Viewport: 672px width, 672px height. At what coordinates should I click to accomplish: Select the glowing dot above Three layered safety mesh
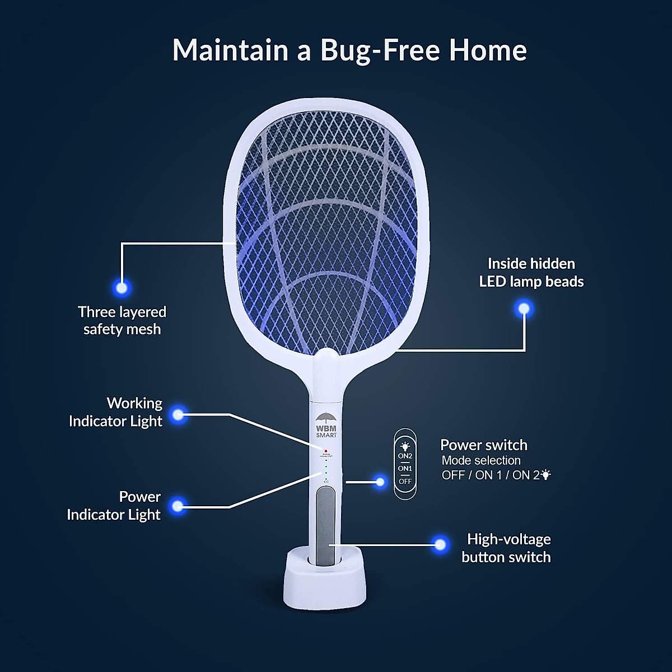click(122, 288)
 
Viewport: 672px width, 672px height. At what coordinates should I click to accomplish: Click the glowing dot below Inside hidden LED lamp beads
click(524, 309)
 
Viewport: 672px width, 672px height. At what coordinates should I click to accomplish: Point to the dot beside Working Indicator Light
click(178, 415)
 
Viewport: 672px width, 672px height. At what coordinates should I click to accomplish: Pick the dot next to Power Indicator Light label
click(178, 506)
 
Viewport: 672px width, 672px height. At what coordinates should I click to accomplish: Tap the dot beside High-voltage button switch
click(440, 544)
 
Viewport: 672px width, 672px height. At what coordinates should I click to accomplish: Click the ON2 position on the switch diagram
click(405, 456)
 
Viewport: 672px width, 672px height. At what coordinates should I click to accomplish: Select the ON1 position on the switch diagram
click(405, 468)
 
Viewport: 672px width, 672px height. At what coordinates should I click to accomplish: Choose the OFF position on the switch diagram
click(405, 481)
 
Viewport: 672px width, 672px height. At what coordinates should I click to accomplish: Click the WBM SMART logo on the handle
click(326, 426)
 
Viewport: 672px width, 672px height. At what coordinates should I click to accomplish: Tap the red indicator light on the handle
click(325, 450)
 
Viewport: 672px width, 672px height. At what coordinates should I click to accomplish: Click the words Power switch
click(484, 445)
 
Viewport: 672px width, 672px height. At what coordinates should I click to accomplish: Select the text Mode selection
click(481, 460)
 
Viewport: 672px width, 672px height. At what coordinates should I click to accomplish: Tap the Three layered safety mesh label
click(122, 320)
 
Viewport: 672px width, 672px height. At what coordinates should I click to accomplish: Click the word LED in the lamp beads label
click(492, 281)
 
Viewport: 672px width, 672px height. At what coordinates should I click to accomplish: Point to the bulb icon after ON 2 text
click(546, 475)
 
